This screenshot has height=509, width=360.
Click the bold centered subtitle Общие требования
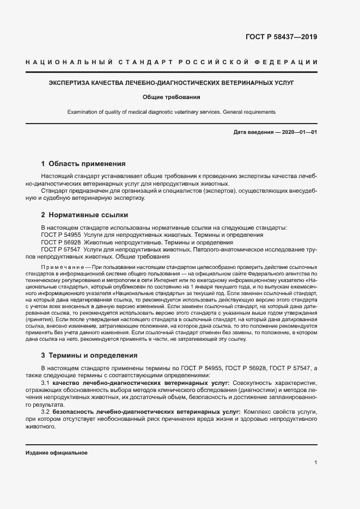coord(171,98)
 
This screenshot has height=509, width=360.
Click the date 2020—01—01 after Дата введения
coord(298,132)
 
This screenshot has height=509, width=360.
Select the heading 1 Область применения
coord(83,163)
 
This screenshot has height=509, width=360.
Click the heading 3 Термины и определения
coord(89,355)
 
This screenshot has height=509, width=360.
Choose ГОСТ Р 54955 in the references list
coord(61,235)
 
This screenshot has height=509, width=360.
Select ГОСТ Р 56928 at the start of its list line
coord(61,242)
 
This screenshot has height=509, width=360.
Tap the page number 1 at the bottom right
coord(315,463)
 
